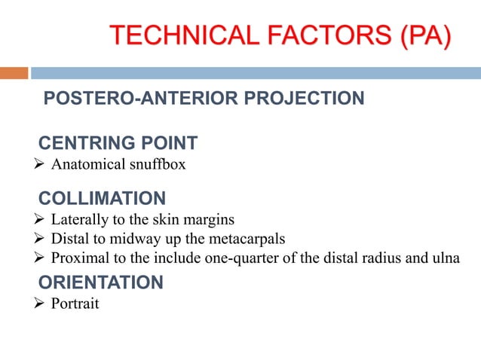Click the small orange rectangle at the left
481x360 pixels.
coord(14,73)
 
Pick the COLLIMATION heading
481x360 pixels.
coord(102,199)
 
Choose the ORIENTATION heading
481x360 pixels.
coord(100,283)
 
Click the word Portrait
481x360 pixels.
coord(75,304)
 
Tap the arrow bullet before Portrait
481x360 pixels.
coord(41,304)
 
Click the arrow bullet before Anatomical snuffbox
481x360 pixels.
coord(41,163)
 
